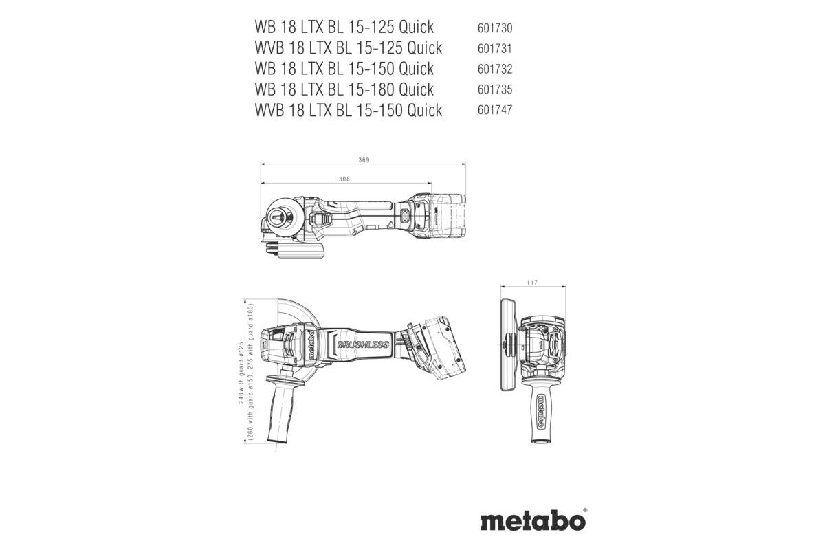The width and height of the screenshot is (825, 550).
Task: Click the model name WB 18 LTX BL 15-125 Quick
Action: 344,27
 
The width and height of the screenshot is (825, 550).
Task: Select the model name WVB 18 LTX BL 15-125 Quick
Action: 348,48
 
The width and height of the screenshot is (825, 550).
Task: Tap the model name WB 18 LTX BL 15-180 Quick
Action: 344,89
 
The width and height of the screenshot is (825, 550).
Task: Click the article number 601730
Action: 495,28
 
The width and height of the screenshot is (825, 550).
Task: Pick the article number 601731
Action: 495,49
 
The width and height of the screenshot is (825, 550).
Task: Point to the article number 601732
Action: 495,69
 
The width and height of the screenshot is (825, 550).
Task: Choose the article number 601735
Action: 495,90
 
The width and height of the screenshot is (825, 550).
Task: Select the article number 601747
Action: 495,111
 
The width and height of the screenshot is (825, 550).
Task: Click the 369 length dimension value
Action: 364,160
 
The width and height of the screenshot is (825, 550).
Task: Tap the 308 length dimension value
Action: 345,179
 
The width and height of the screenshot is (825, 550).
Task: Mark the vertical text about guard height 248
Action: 242,371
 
